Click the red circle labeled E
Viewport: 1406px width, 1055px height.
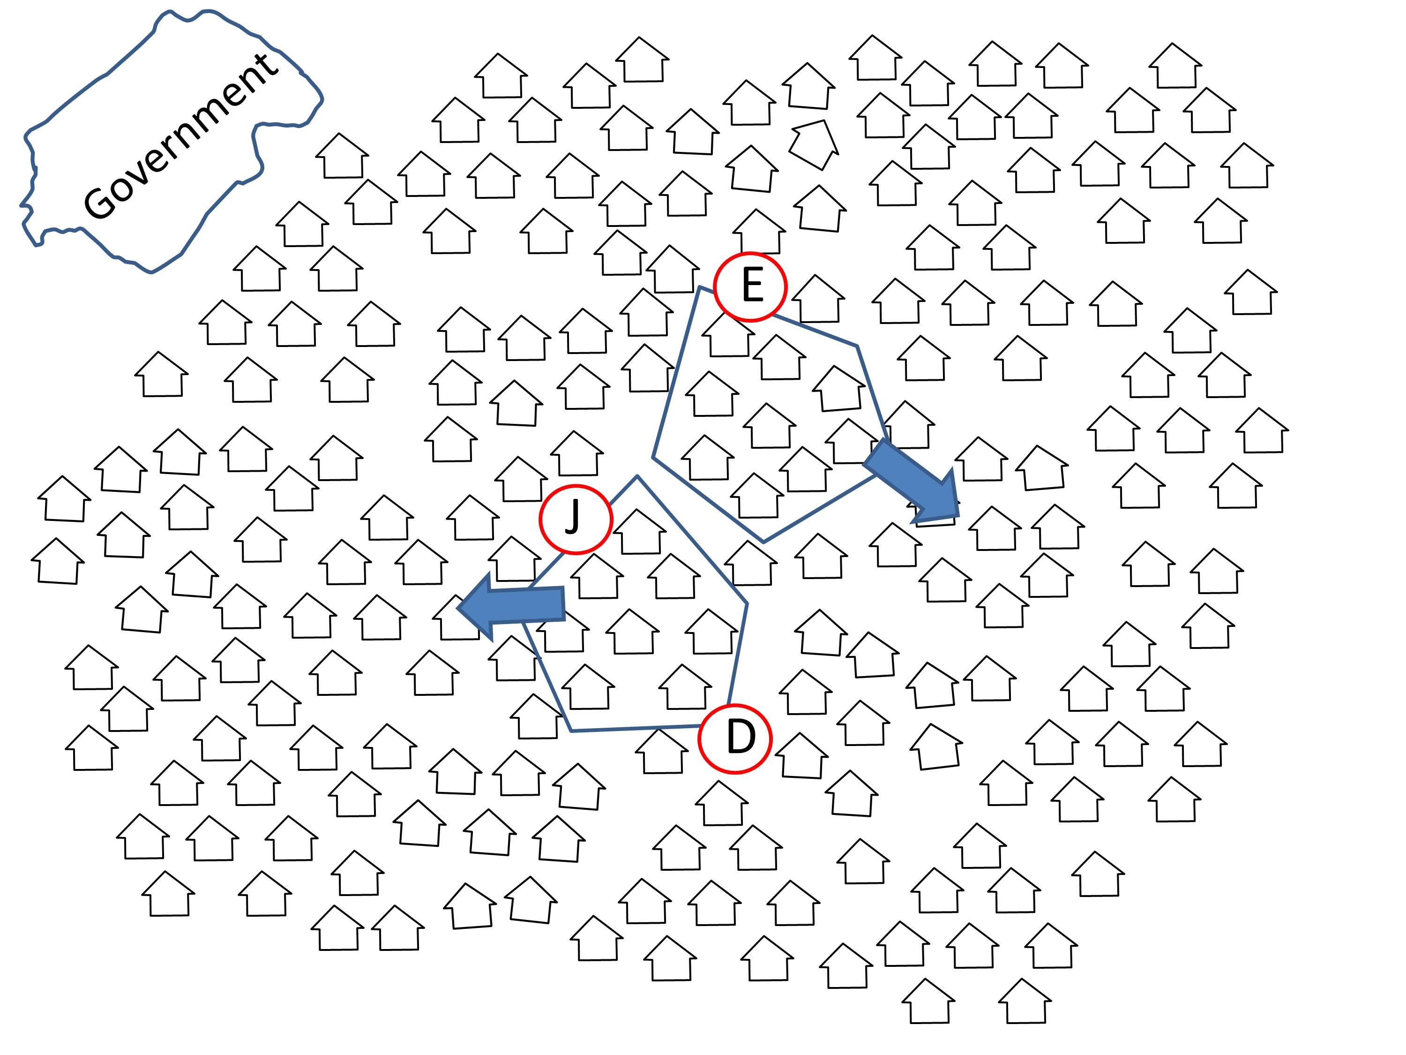pyautogui.click(x=750, y=287)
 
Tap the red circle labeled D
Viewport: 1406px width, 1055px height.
pyautogui.click(x=735, y=738)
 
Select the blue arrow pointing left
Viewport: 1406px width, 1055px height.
pyautogui.click(x=512, y=605)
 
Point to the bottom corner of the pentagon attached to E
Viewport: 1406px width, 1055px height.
pyautogui.click(x=764, y=542)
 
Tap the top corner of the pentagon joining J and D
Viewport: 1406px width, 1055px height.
pyautogui.click(x=637, y=476)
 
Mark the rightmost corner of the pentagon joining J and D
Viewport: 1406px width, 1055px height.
pyautogui.click(x=747, y=603)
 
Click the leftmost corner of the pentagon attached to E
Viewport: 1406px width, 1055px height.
pyautogui.click(x=653, y=457)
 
